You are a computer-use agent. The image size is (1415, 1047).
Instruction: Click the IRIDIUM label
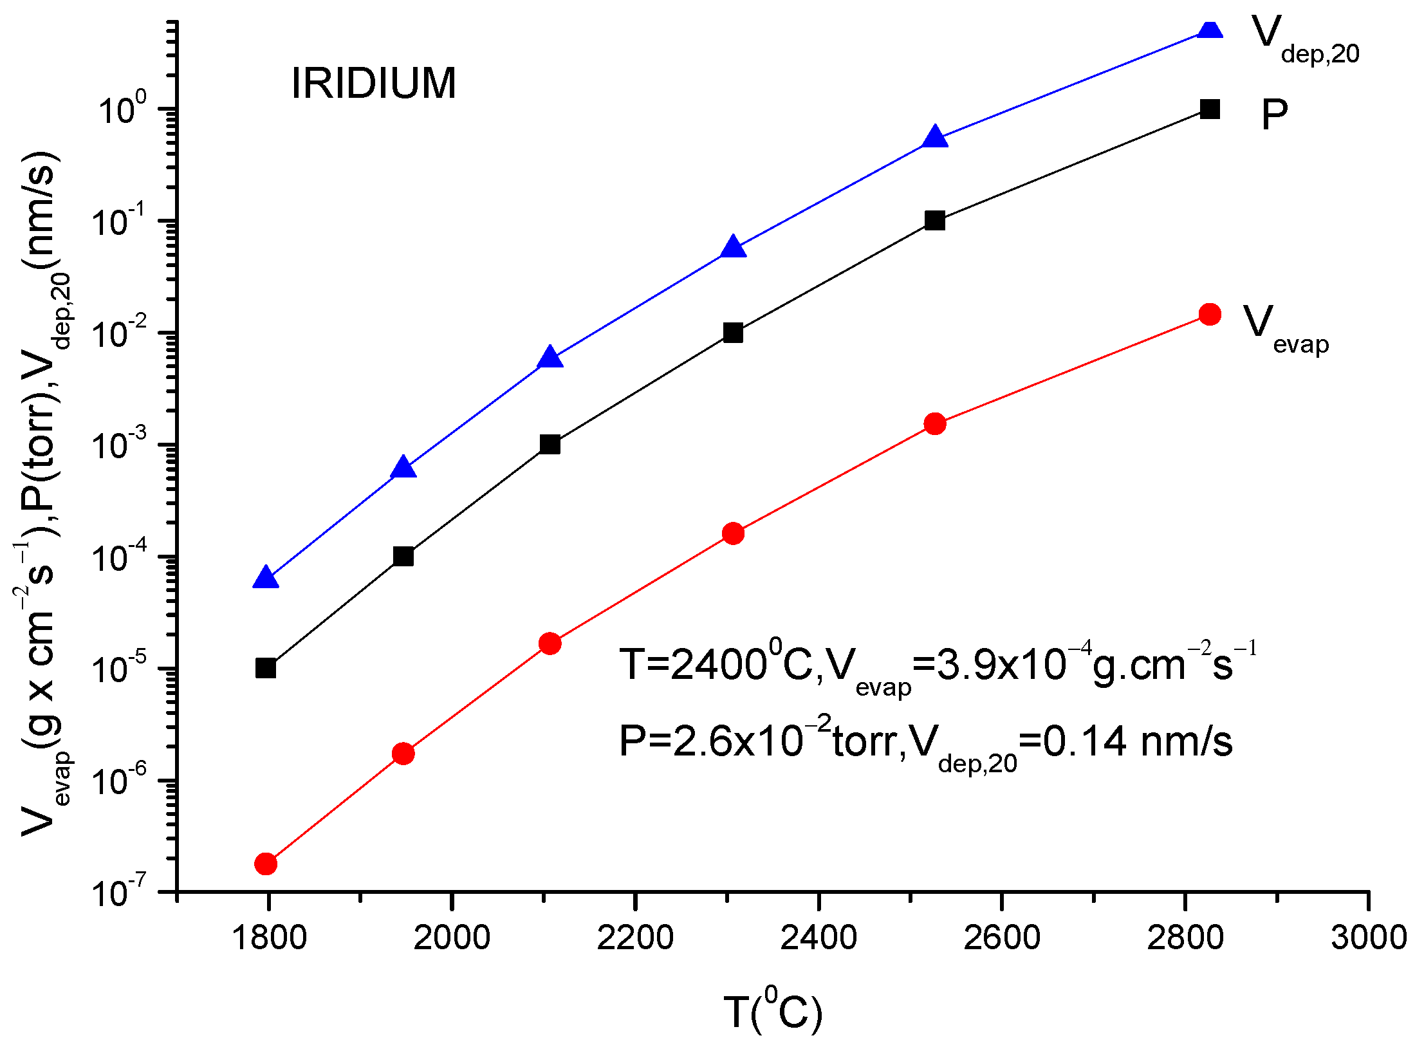373,84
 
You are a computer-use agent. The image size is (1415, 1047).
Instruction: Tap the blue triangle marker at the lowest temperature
266,579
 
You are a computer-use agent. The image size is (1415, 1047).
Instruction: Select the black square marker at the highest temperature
1210,109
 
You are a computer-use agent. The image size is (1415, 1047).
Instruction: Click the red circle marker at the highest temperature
1210,314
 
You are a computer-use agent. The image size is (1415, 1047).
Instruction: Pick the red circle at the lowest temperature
266,864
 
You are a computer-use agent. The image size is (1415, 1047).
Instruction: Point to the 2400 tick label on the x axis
818,938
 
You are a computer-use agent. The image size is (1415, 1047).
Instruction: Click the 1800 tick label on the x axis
268,938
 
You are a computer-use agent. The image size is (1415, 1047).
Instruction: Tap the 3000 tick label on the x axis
1369,938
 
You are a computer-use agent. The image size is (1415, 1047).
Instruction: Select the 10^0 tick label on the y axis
122,109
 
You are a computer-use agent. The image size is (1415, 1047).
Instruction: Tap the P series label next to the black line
1274,115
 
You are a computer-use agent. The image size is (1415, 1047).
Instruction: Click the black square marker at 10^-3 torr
550,445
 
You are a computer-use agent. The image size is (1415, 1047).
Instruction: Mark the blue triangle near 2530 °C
935,138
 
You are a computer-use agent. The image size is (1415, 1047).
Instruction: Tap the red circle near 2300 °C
733,533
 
